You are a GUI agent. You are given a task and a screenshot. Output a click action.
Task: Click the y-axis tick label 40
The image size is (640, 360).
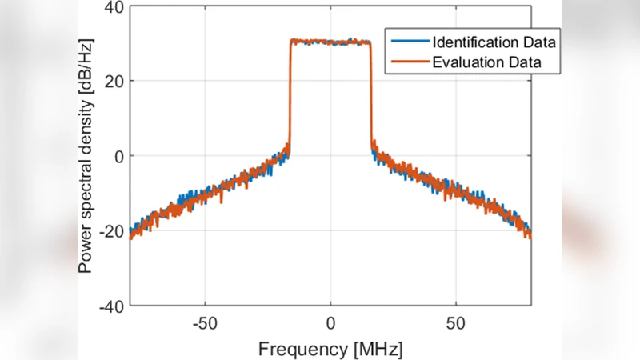[x=114, y=7]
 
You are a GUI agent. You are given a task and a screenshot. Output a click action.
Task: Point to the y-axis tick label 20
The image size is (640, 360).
[x=114, y=82]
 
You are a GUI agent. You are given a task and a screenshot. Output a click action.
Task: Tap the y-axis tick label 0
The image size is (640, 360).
[x=118, y=156]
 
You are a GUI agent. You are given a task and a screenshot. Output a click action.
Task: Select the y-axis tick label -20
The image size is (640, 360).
[x=110, y=231]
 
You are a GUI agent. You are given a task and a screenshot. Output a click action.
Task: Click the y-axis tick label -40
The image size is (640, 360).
[x=110, y=306]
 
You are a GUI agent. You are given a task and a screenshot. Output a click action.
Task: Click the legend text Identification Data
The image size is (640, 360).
[x=494, y=41]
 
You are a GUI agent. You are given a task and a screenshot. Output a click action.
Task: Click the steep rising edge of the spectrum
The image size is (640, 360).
[x=290, y=96]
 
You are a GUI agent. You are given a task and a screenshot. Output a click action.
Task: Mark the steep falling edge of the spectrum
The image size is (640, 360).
[x=371, y=96]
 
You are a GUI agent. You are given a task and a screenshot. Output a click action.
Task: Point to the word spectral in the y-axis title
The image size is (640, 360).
[x=86, y=190]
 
